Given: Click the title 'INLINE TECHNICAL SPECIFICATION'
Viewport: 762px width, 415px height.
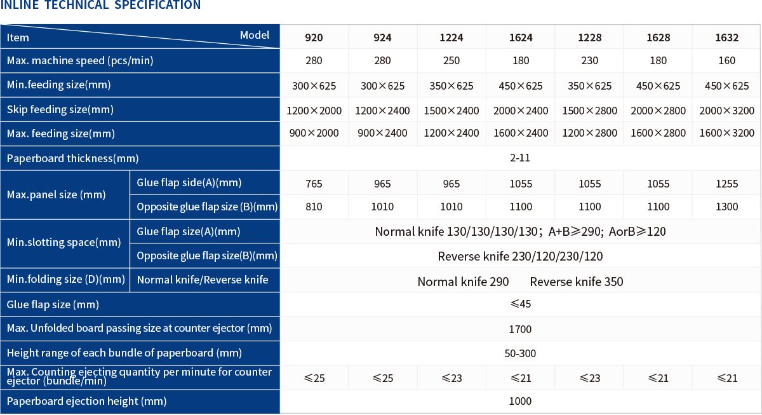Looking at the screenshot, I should pyautogui.click(x=100, y=6).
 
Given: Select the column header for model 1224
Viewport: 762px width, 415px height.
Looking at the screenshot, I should pyautogui.click(x=451, y=37).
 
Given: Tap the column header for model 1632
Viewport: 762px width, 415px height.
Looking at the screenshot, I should pyautogui.click(x=727, y=37).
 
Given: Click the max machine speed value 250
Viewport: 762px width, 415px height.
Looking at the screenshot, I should pyautogui.click(x=451, y=61).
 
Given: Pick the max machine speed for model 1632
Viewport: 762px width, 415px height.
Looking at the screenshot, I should pyautogui.click(x=727, y=61).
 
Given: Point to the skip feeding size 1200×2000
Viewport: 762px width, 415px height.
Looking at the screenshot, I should pyautogui.click(x=314, y=111).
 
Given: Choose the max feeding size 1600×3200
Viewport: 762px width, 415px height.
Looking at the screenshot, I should pyautogui.click(x=727, y=133).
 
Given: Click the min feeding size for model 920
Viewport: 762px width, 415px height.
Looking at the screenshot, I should pyautogui.click(x=314, y=86).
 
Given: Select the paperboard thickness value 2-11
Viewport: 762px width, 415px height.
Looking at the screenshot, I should pyautogui.click(x=519, y=158).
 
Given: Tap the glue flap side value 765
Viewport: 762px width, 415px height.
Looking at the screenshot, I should pyautogui.click(x=314, y=184).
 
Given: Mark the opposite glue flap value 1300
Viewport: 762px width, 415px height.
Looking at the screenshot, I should pyautogui.click(x=727, y=207).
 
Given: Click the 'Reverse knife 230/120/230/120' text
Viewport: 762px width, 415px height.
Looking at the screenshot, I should pyautogui.click(x=520, y=257).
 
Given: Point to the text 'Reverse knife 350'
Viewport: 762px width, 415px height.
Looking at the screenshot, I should pyautogui.click(x=577, y=282).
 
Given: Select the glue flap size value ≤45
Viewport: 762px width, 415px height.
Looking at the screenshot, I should pyautogui.click(x=520, y=304).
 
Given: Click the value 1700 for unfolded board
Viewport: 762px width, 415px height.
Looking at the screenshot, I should pyautogui.click(x=520, y=329).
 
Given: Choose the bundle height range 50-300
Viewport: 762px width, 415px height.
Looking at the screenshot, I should pyautogui.click(x=520, y=353).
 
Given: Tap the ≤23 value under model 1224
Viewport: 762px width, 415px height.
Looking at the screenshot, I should pyautogui.click(x=451, y=378).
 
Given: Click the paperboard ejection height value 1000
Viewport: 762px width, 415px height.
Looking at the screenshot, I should pyautogui.click(x=520, y=401).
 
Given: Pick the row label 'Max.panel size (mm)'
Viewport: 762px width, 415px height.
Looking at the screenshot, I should pyautogui.click(x=57, y=195).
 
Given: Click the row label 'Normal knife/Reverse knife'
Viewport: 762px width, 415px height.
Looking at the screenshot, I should pyautogui.click(x=203, y=280).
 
